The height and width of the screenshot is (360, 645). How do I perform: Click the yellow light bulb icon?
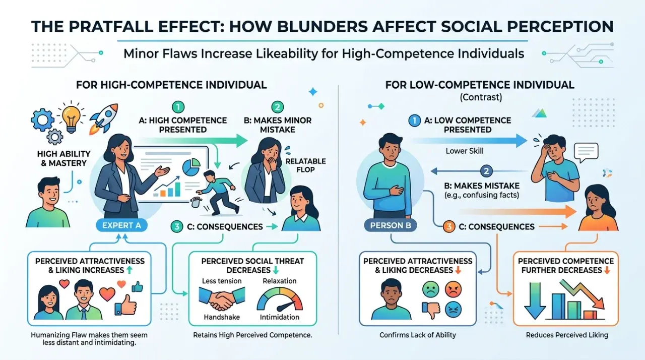[x=72, y=118]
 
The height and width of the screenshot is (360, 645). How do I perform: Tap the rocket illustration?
[x=104, y=119]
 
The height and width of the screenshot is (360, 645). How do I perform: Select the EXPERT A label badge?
[x=121, y=225]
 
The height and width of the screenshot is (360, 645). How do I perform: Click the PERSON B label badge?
[x=391, y=225]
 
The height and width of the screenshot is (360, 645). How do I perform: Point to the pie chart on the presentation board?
[x=191, y=167]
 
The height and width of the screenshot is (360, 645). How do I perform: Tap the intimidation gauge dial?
[x=279, y=299]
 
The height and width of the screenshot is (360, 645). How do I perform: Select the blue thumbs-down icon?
[x=431, y=310]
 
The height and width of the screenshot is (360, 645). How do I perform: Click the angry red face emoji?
[x=453, y=289]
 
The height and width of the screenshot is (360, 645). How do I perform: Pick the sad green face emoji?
[x=431, y=289]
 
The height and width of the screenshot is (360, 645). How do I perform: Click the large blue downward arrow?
[x=535, y=301]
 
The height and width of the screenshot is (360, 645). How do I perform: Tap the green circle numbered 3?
[x=176, y=227]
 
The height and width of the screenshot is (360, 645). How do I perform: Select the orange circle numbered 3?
[x=448, y=227]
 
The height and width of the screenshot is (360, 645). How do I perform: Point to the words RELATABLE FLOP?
[x=305, y=165]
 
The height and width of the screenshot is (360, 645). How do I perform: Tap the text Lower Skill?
[x=465, y=151]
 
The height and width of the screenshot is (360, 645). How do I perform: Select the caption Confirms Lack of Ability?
[x=418, y=335]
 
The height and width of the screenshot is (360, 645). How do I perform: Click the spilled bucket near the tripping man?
[x=196, y=202]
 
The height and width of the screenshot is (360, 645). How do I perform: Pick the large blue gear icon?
[x=42, y=119]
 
